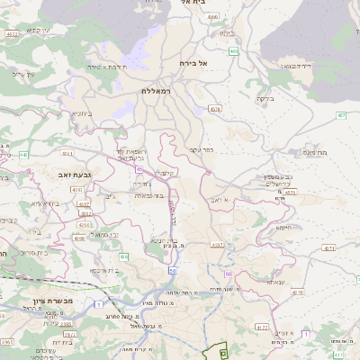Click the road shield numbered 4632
[12, 34]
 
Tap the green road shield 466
[233, 51]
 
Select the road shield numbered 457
[340, 115]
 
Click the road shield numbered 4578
[214, 109]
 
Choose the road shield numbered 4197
[217, 244]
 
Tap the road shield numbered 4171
[328, 247]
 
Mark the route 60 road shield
[229, 274]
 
